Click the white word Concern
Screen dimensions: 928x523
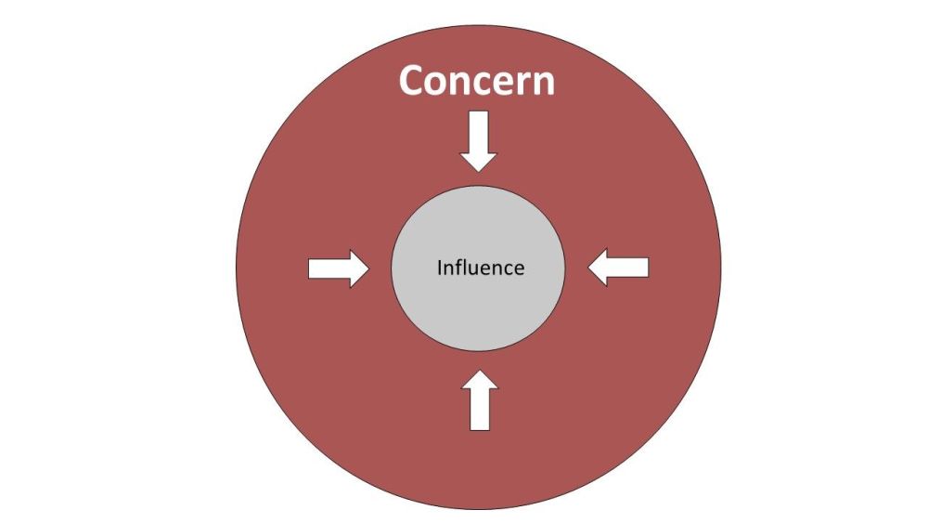click(477, 81)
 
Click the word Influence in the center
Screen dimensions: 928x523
click(481, 268)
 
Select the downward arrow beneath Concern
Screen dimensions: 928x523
click(478, 141)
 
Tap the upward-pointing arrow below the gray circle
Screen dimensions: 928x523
click(480, 400)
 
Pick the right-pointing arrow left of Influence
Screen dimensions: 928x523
click(339, 268)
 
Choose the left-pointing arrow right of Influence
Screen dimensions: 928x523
click(618, 268)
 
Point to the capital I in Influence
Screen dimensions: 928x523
click(439, 268)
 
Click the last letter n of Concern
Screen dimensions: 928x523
click(544, 85)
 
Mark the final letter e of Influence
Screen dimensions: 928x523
click(519, 270)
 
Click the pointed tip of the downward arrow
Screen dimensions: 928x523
click(478, 172)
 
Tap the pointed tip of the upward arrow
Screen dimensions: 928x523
click(480, 370)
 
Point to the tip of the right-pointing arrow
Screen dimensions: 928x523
click(369, 268)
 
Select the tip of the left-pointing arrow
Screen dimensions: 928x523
click(587, 268)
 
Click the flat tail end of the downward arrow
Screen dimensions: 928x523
click(478, 111)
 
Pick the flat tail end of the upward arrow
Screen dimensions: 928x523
click(480, 431)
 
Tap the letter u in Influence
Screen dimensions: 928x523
click(478, 270)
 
